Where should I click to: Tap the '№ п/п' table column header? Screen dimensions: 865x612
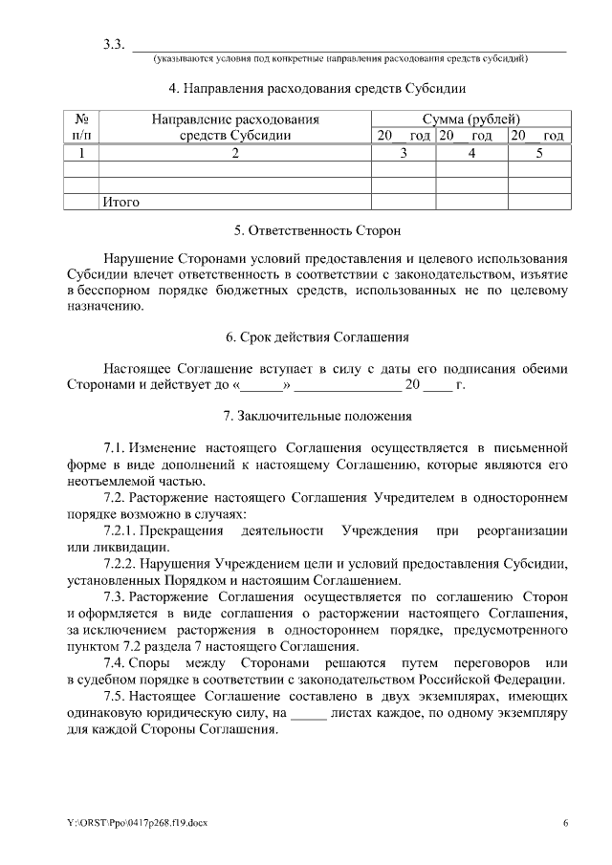82,127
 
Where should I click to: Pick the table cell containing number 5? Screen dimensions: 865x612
539,153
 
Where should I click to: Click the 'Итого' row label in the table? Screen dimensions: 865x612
120,202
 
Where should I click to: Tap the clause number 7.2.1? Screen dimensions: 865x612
120,530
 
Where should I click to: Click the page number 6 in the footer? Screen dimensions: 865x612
565,823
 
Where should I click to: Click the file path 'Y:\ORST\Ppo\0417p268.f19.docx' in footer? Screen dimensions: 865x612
127,823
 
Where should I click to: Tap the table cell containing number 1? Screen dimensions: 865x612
82,153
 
